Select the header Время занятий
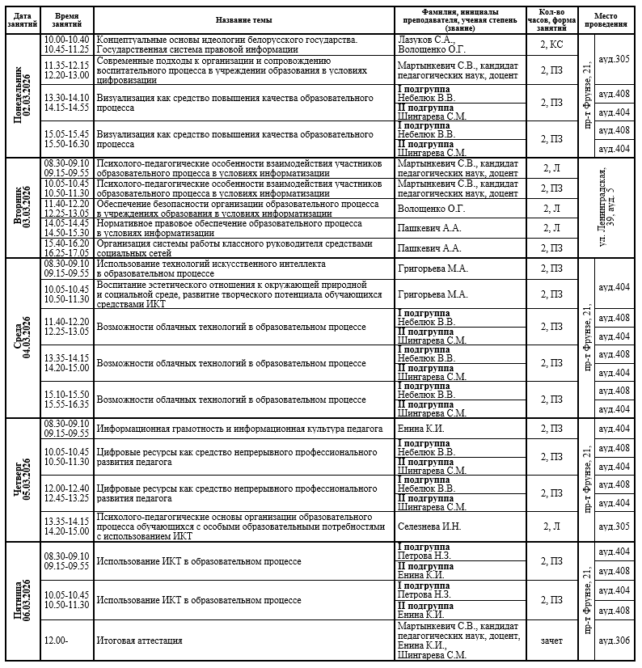pos(67,19)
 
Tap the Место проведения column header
pos(610,19)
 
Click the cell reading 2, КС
pos(551,44)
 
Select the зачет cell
pos(551,641)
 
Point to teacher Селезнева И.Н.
pos(429,526)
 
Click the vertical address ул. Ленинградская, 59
pos(610,207)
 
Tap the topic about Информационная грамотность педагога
pos(239,429)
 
